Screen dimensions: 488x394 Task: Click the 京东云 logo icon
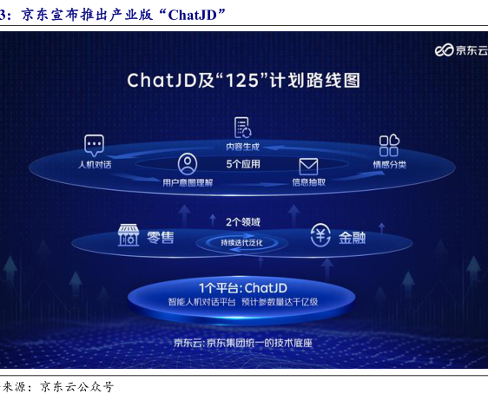tap(444, 50)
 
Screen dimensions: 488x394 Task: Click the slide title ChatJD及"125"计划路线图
tap(244, 80)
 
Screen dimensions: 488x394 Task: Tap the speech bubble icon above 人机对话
tap(94, 146)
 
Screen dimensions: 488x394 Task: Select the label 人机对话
tap(95, 165)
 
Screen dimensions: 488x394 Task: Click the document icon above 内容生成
tap(243, 128)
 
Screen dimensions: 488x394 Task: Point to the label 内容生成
tap(243, 147)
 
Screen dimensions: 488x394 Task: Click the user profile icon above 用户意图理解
tap(188, 164)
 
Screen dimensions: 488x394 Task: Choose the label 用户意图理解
tap(188, 182)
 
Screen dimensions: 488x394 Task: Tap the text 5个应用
tap(243, 164)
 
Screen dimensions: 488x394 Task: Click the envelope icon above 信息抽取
tap(308, 167)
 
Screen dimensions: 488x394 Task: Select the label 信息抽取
tap(309, 182)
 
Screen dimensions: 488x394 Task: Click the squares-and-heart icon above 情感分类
tap(389, 145)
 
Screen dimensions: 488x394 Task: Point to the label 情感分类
tap(389, 165)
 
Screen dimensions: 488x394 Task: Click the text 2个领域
tap(243, 222)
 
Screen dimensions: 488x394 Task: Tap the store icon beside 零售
tap(129, 235)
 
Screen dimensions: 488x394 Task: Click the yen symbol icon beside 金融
tap(320, 235)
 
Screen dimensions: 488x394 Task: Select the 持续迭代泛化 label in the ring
tap(241, 242)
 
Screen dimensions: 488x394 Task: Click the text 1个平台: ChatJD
tap(243, 288)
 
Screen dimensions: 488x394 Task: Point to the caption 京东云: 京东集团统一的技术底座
tap(243, 343)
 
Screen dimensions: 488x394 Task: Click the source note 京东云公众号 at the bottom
tap(77, 387)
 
